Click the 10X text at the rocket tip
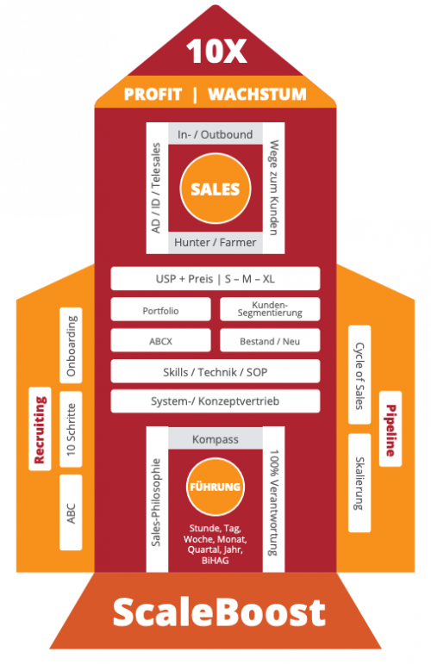click(216, 52)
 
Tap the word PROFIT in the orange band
click(153, 94)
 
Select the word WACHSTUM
click(257, 94)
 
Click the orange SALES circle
click(215, 189)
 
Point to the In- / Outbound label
click(215, 134)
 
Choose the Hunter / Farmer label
click(215, 242)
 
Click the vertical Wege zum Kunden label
click(274, 188)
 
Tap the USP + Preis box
click(215, 279)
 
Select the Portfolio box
click(160, 309)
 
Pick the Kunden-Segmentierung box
click(270, 309)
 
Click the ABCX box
click(160, 340)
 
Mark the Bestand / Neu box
click(270, 340)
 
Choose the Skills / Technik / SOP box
click(215, 371)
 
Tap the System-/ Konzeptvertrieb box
click(215, 401)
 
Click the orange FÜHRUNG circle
click(215, 487)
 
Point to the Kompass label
click(215, 439)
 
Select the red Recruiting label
click(40, 429)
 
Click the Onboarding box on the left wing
click(71, 345)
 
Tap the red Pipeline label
click(390, 429)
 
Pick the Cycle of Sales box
click(359, 375)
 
